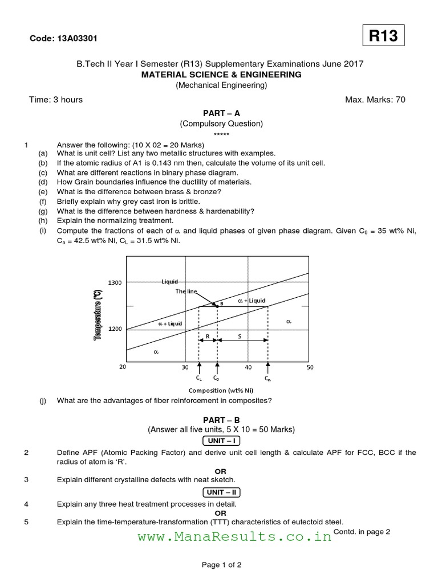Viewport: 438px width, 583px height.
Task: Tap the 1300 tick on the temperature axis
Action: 115,283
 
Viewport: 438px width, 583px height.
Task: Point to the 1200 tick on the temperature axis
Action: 115,329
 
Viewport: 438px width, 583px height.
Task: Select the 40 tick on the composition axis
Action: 248,367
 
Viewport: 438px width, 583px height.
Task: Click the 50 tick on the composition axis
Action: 310,367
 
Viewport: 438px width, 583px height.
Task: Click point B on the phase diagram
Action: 217,305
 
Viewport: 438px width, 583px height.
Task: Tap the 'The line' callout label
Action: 186,291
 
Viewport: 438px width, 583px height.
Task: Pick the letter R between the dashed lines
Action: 208,336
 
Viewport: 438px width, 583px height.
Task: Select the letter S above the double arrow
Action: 240,336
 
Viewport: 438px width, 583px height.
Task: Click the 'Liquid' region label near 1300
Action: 170,281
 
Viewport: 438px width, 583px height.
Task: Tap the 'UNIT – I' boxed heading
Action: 220,441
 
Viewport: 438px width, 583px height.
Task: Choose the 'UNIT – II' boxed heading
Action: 220,492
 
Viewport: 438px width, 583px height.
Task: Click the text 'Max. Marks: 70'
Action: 375,100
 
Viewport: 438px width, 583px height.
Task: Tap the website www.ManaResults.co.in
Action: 234,536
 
